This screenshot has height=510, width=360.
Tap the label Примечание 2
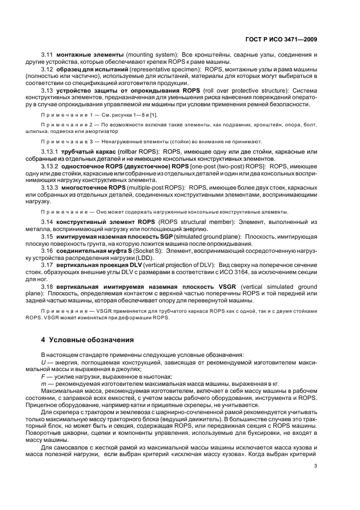(x=64, y=125)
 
